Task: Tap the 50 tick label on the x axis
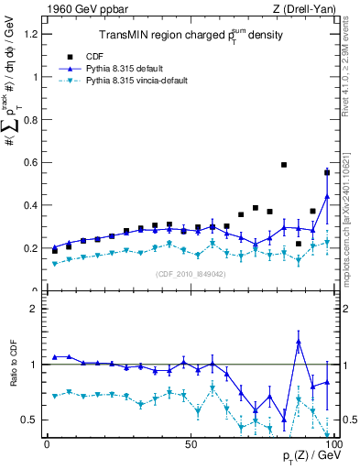(x=191, y=443)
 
